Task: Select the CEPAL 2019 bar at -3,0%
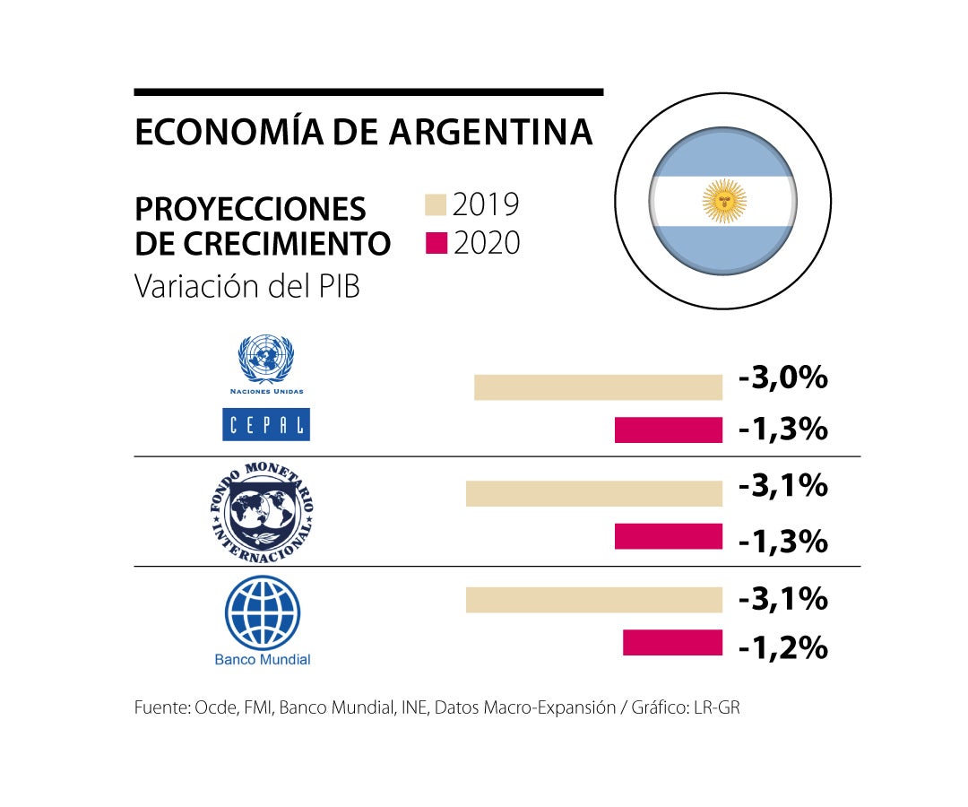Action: point(598,387)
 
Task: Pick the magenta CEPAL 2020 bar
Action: point(668,430)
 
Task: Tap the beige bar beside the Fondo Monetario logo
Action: point(593,494)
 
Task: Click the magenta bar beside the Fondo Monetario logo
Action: point(668,537)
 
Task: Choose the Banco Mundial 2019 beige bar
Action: point(593,600)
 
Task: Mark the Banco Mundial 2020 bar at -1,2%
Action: point(672,643)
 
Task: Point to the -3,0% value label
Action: point(782,378)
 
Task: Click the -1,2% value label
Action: point(782,646)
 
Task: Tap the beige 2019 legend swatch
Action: point(436,204)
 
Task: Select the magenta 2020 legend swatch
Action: point(436,243)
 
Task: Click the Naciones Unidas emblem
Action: point(266,359)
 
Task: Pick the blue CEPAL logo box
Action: point(266,424)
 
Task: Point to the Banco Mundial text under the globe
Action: point(263,660)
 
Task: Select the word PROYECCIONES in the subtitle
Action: point(250,209)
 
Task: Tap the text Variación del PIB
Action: point(246,286)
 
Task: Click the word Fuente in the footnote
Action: point(159,707)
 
